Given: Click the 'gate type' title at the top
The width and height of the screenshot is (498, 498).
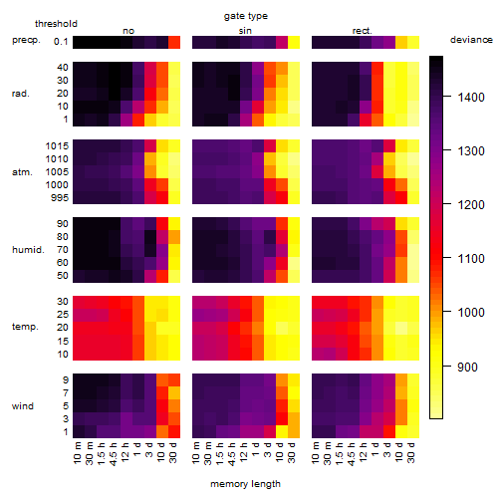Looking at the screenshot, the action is [246, 16].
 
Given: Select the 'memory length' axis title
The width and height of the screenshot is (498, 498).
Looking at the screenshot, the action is [245, 484].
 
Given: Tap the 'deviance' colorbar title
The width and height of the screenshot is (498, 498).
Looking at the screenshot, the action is [471, 40].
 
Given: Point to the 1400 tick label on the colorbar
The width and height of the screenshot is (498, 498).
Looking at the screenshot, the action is [471, 98].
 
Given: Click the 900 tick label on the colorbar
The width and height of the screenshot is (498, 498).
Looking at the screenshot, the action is [467, 367].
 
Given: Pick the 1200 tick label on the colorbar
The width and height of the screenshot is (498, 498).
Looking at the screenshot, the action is [471, 205].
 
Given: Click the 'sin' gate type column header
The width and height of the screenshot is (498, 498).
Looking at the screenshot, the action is [245, 31].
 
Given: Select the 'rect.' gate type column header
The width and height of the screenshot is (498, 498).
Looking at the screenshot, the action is [363, 31].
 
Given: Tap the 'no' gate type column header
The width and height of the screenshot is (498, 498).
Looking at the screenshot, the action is [128, 31].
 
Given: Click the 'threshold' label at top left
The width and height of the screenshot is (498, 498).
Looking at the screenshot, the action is [56, 24].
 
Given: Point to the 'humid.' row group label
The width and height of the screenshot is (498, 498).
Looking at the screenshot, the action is [28, 250].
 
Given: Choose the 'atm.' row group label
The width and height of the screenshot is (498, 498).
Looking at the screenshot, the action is [22, 172].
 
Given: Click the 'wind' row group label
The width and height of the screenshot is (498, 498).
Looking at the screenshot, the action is [23, 406].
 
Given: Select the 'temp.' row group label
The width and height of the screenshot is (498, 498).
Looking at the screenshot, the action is [25, 327].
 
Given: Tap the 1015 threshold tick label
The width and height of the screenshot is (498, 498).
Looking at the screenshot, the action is [57, 146].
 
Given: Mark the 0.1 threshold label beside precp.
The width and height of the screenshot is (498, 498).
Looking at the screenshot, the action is [61, 42].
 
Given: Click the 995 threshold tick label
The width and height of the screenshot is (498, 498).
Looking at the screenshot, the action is [60, 198].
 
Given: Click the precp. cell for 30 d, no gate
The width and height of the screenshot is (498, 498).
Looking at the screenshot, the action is [174, 43].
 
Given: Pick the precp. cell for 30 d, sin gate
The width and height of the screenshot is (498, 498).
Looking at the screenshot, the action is [294, 43].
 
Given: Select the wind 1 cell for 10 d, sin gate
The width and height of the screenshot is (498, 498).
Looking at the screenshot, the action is [282, 431].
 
